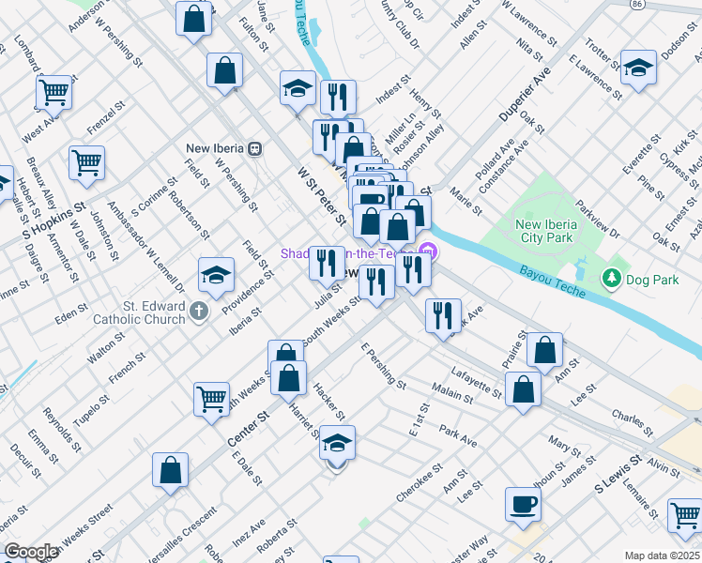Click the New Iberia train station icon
pyautogui.click(x=254, y=148)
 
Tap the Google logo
pyautogui.click(x=31, y=552)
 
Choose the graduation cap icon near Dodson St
pyautogui.click(x=638, y=68)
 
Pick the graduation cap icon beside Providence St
pyautogui.click(x=216, y=275)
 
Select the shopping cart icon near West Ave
pyautogui.click(x=54, y=92)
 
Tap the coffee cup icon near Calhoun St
pyautogui.click(x=523, y=505)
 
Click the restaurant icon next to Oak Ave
pyautogui.click(x=442, y=314)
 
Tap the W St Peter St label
pyautogui.click(x=316, y=187)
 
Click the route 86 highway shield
pyautogui.click(x=637, y=4)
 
